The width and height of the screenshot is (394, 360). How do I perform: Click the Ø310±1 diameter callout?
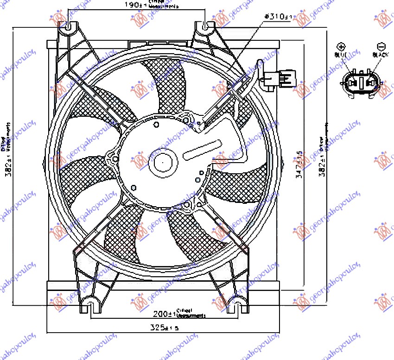pyautogui.click(x=278, y=17)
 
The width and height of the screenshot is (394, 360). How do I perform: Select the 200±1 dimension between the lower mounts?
pyautogui.click(x=163, y=314)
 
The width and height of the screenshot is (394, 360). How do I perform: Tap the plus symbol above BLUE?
pyautogui.click(x=341, y=47)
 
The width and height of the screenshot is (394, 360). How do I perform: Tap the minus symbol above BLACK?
pyautogui.click(x=381, y=47)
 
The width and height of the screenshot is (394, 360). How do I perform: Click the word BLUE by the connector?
pyautogui.click(x=341, y=55)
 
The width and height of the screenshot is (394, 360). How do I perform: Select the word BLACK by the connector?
pyautogui.click(x=381, y=55)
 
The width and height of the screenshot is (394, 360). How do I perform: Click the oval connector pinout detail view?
pyautogui.click(x=361, y=83)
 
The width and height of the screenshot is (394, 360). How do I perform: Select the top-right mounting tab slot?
pyautogui.click(x=207, y=26)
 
